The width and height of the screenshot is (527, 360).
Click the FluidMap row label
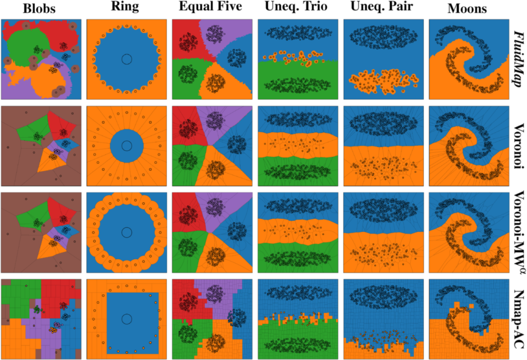518,59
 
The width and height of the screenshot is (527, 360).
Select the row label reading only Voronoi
518,145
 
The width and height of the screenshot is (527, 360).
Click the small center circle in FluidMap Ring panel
127,60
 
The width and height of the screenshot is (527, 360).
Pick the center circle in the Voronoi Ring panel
127,145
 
